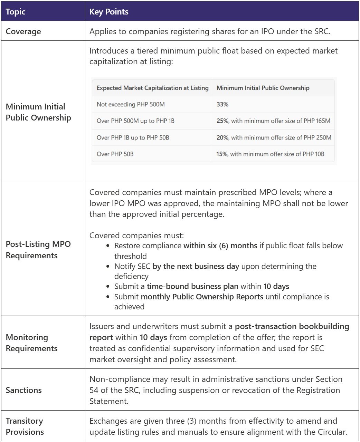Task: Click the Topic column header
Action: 16,12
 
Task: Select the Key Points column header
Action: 109,12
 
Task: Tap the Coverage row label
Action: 23,31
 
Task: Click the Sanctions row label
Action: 23,390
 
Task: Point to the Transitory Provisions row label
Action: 25,426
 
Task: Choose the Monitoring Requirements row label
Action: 27,343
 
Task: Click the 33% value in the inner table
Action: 222,104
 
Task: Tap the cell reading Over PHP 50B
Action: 115,154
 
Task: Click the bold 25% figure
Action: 222,121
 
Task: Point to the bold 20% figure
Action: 222,137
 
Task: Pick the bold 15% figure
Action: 222,154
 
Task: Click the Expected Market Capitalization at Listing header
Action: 152,88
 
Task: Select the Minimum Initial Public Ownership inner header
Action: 263,88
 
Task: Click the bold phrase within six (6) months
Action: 220,246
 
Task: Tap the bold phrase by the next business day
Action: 196,266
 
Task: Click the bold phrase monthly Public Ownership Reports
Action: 202,297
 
